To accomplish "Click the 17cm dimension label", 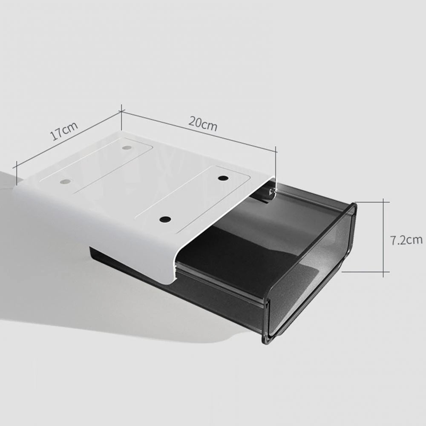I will [x=64, y=132].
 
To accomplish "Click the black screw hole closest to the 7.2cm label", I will [x=223, y=178].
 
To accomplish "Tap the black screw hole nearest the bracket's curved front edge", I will [x=165, y=220].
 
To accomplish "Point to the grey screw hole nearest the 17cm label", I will [x=65, y=181].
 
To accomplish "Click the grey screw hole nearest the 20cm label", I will [x=127, y=148].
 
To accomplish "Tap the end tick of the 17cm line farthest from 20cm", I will [x=16, y=170].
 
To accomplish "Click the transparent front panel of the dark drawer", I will [x=311, y=273].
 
